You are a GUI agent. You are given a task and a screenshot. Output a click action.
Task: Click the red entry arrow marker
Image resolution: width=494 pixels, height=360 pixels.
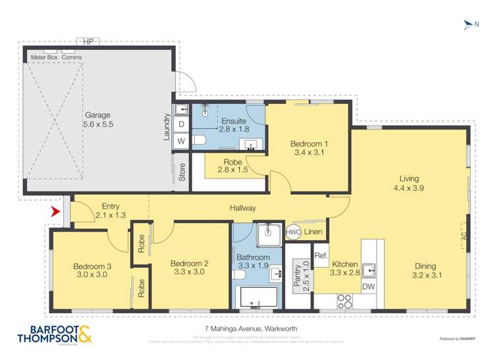click(x=55, y=212)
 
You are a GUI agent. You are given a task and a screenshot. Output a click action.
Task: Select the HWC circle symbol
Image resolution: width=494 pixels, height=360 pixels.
click(x=292, y=233)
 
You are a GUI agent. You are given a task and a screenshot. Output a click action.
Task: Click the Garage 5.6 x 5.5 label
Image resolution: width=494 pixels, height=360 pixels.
click(x=97, y=119)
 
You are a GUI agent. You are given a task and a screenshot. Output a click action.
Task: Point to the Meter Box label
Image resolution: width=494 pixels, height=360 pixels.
click(x=44, y=57)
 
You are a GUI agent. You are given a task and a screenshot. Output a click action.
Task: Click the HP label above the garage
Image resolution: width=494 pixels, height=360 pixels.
click(x=88, y=41)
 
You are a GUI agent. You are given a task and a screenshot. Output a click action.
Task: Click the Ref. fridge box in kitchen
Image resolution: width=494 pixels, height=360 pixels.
click(x=321, y=256)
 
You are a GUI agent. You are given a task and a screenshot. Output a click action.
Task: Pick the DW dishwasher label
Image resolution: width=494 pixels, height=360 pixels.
click(x=368, y=286)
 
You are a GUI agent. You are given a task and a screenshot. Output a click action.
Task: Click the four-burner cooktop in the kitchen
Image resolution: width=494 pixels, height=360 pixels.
click(x=345, y=301)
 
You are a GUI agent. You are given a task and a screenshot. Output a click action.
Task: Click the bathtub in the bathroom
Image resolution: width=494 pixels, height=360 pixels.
click(x=257, y=298)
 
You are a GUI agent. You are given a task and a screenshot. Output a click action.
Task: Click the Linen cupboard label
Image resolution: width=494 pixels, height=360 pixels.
click(x=314, y=232)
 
